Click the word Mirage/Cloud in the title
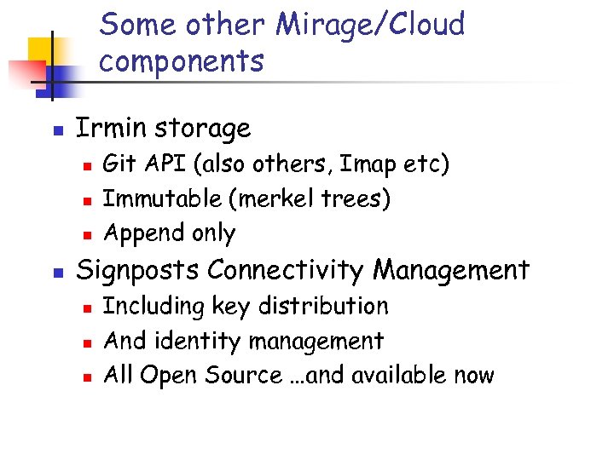point(370,25)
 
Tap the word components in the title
point(182,60)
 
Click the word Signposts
point(138,270)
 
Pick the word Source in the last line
point(245,375)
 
